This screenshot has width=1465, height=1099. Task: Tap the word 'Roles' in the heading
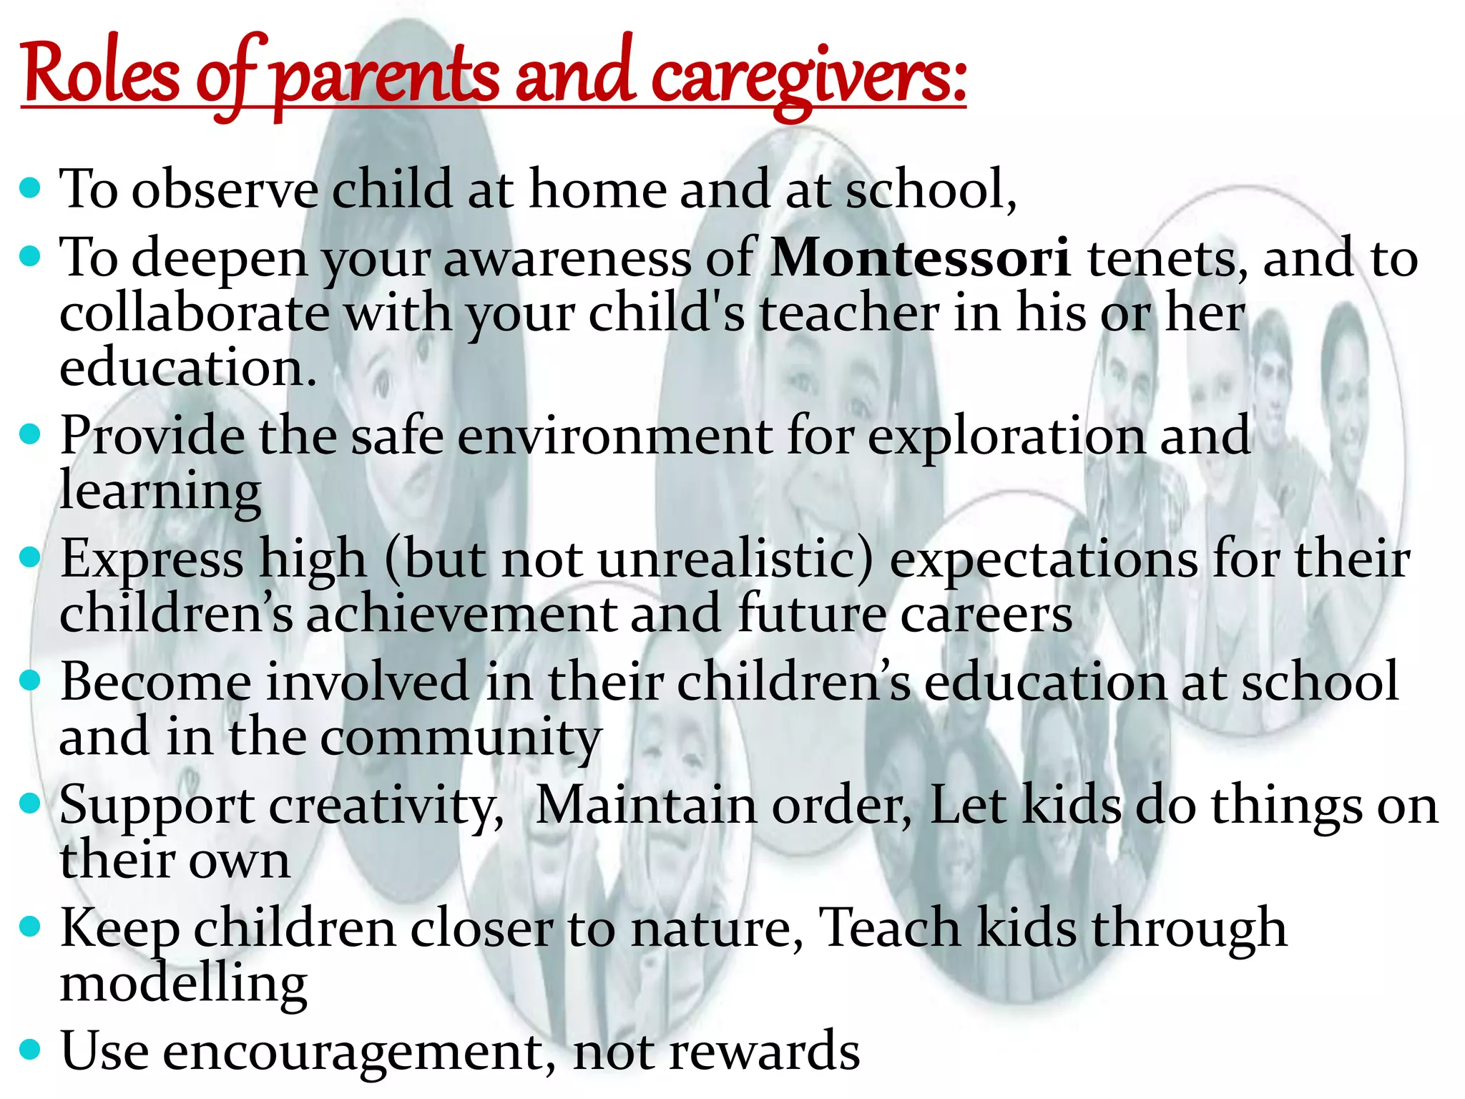point(101,76)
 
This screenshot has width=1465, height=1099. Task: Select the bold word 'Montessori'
point(920,258)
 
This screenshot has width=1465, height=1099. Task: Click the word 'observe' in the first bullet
point(225,190)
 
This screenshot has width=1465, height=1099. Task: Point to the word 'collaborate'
point(194,313)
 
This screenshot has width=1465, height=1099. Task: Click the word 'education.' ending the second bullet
point(187,368)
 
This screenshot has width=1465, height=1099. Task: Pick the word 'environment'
point(614,436)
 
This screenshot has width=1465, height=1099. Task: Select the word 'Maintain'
point(646,806)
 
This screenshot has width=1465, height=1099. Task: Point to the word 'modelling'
point(183,985)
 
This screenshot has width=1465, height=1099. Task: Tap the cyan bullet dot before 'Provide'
point(29,434)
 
